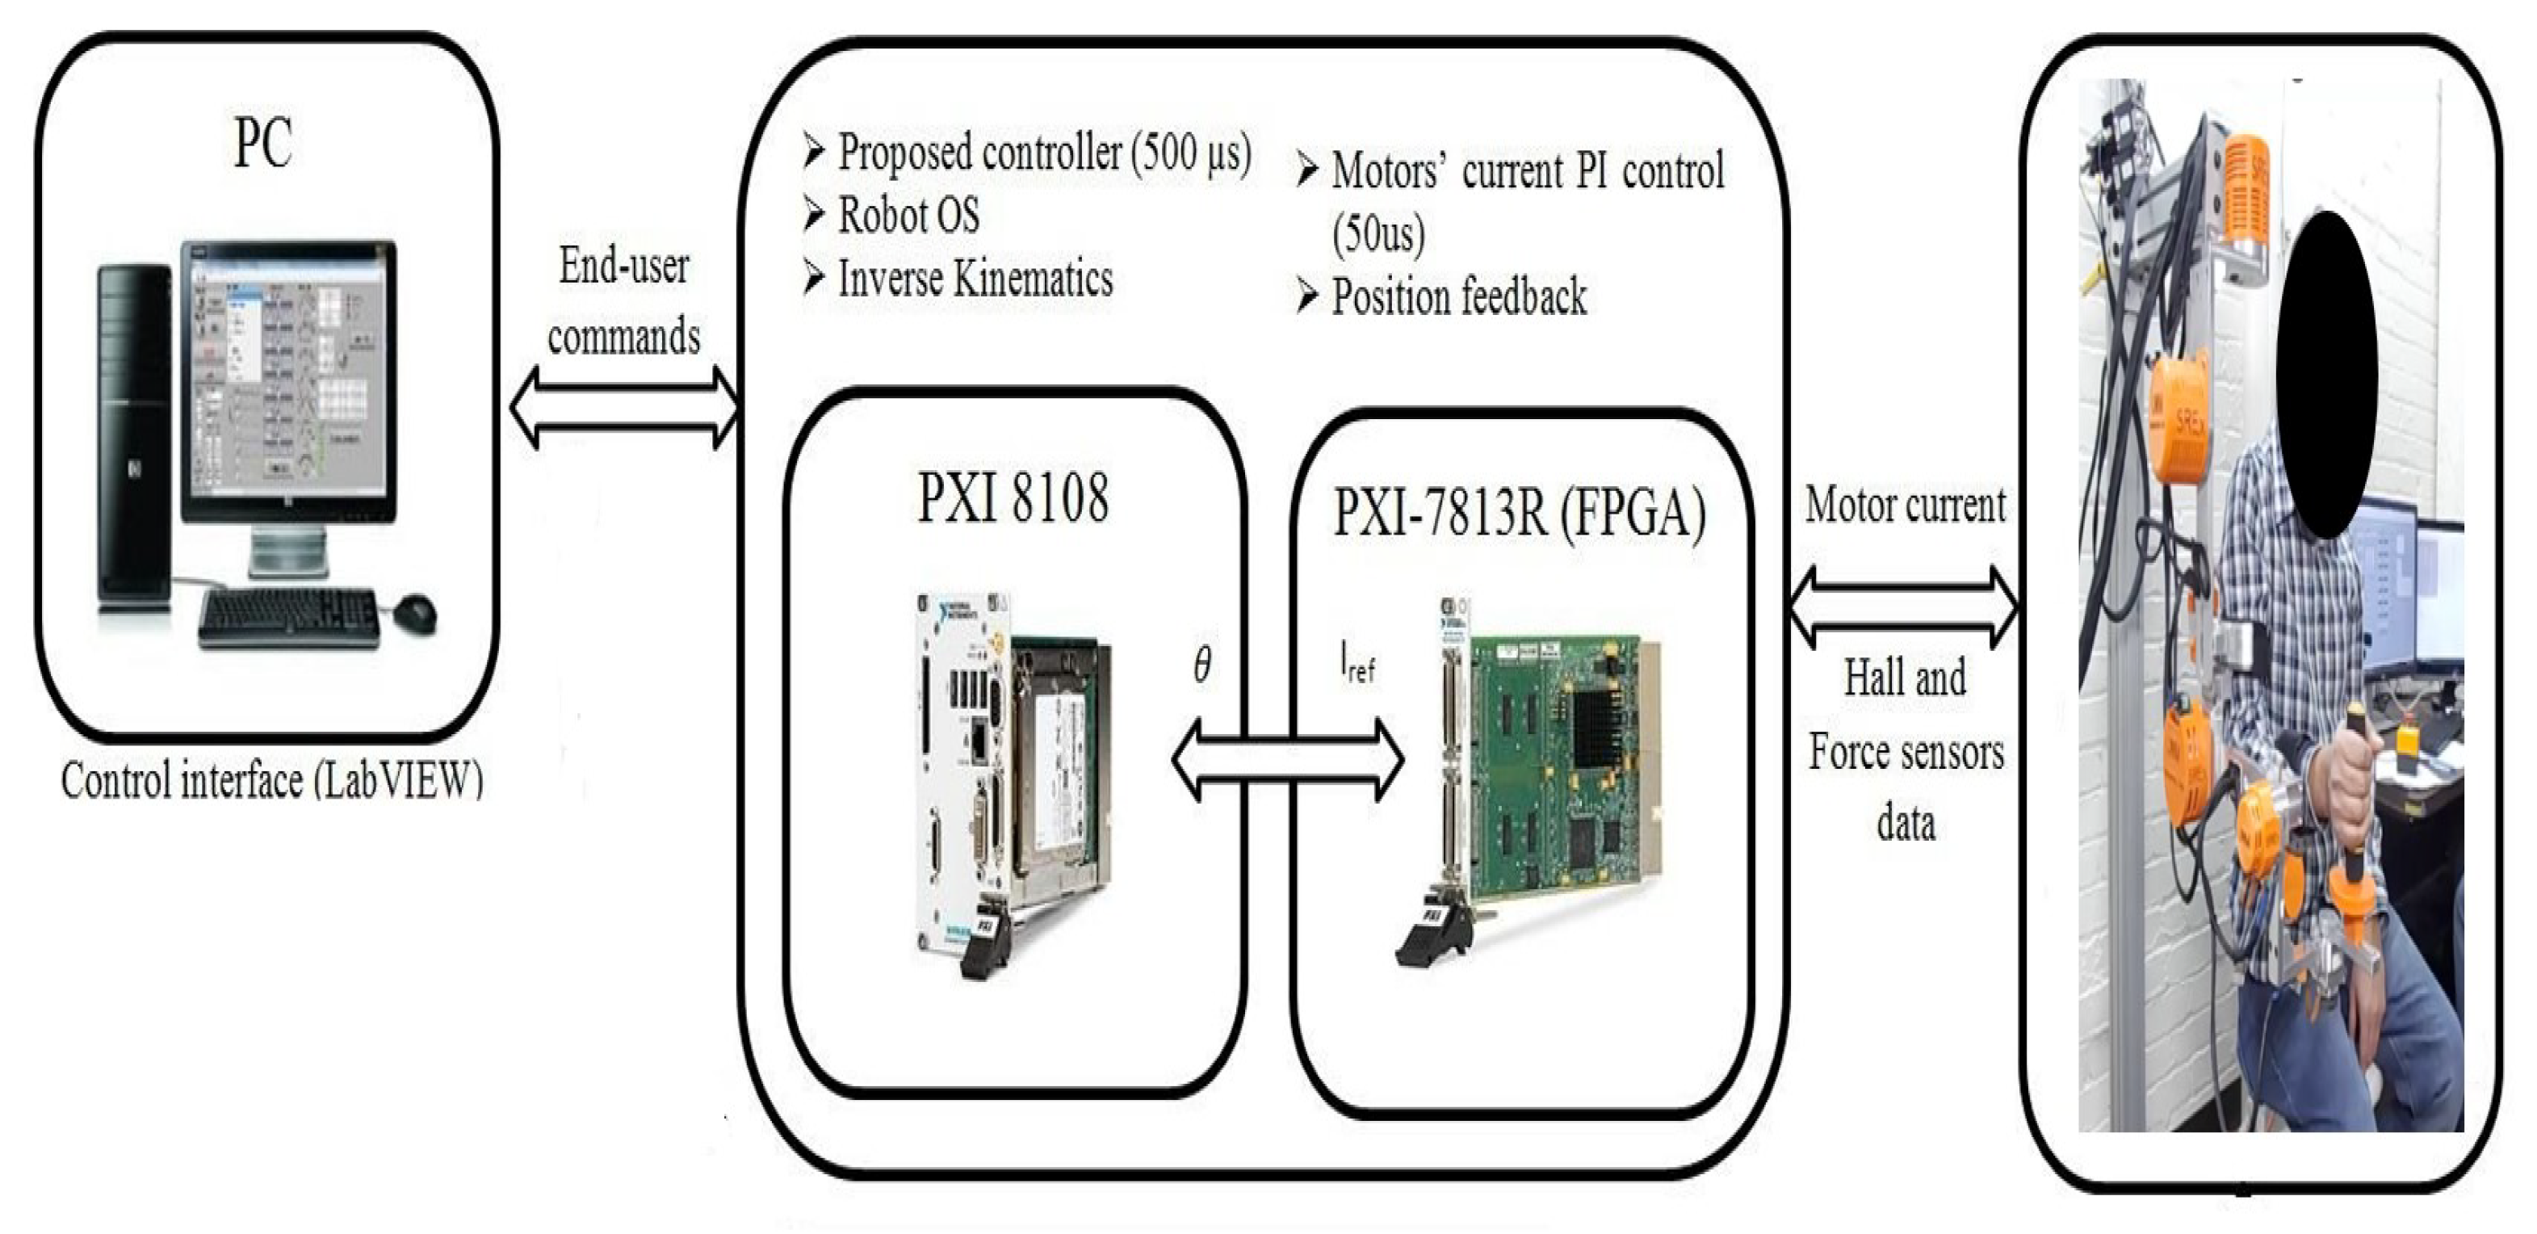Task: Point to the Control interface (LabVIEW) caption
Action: click(x=272, y=781)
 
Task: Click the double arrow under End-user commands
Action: click(x=624, y=408)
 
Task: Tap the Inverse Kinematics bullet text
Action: click(x=975, y=279)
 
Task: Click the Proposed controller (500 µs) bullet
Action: click(x=1044, y=153)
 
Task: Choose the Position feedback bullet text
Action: click(x=1458, y=296)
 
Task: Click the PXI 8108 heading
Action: click(x=1013, y=497)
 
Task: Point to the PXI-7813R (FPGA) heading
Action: click(x=1520, y=513)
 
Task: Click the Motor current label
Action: click(x=1905, y=506)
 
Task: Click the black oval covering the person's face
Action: click(x=2328, y=374)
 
